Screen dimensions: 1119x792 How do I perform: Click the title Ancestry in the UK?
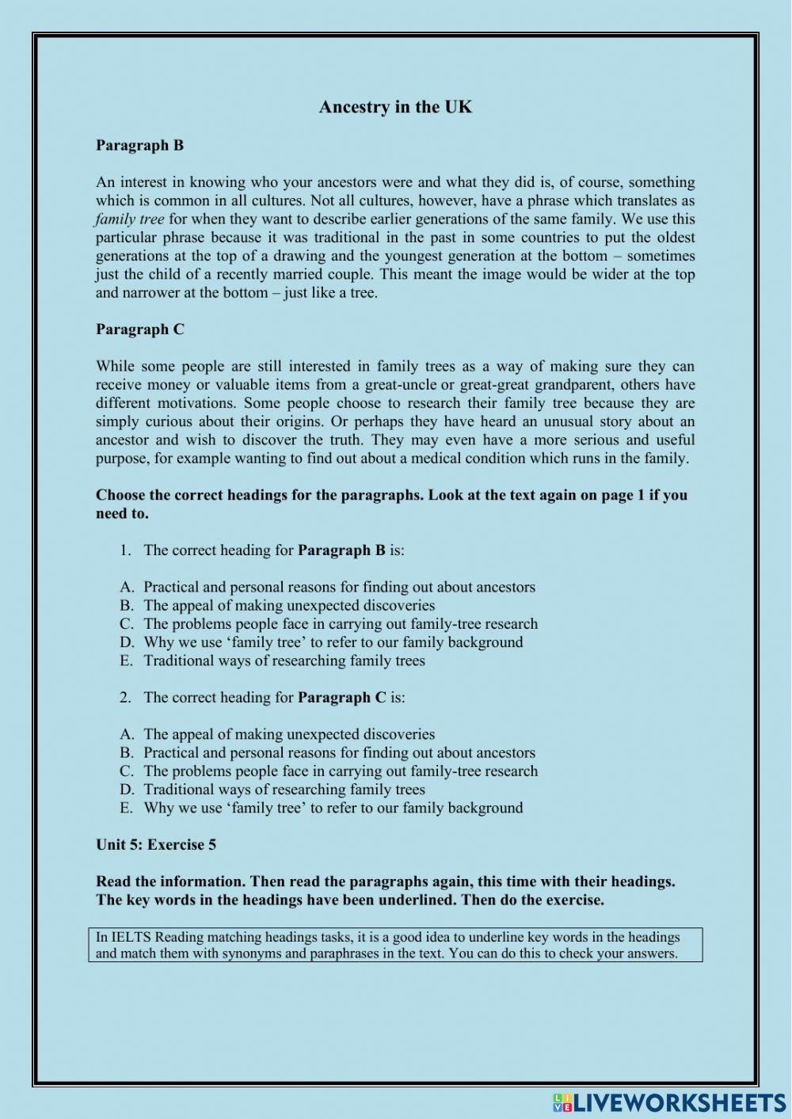tap(395, 107)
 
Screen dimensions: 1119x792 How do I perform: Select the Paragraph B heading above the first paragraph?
tap(139, 145)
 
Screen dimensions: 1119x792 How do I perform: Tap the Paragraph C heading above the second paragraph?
tap(139, 329)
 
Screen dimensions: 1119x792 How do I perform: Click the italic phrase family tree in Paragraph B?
tap(130, 219)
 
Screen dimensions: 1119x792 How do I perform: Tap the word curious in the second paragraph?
tap(169, 421)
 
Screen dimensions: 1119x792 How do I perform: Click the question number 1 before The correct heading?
tap(125, 550)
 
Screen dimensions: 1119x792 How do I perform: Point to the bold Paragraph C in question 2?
tap(341, 698)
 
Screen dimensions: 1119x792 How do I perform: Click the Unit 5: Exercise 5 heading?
tap(156, 844)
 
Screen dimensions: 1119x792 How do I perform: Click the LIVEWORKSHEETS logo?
tap(669, 1102)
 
